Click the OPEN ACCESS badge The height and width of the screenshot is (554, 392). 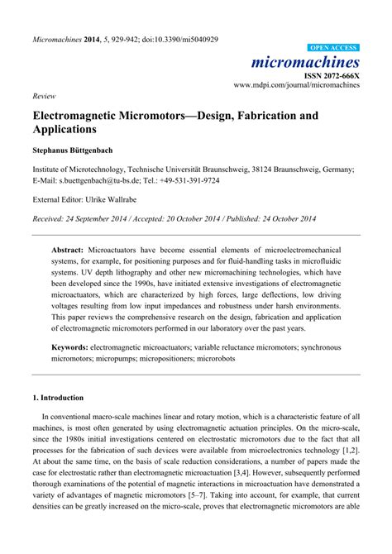[x=333, y=49]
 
